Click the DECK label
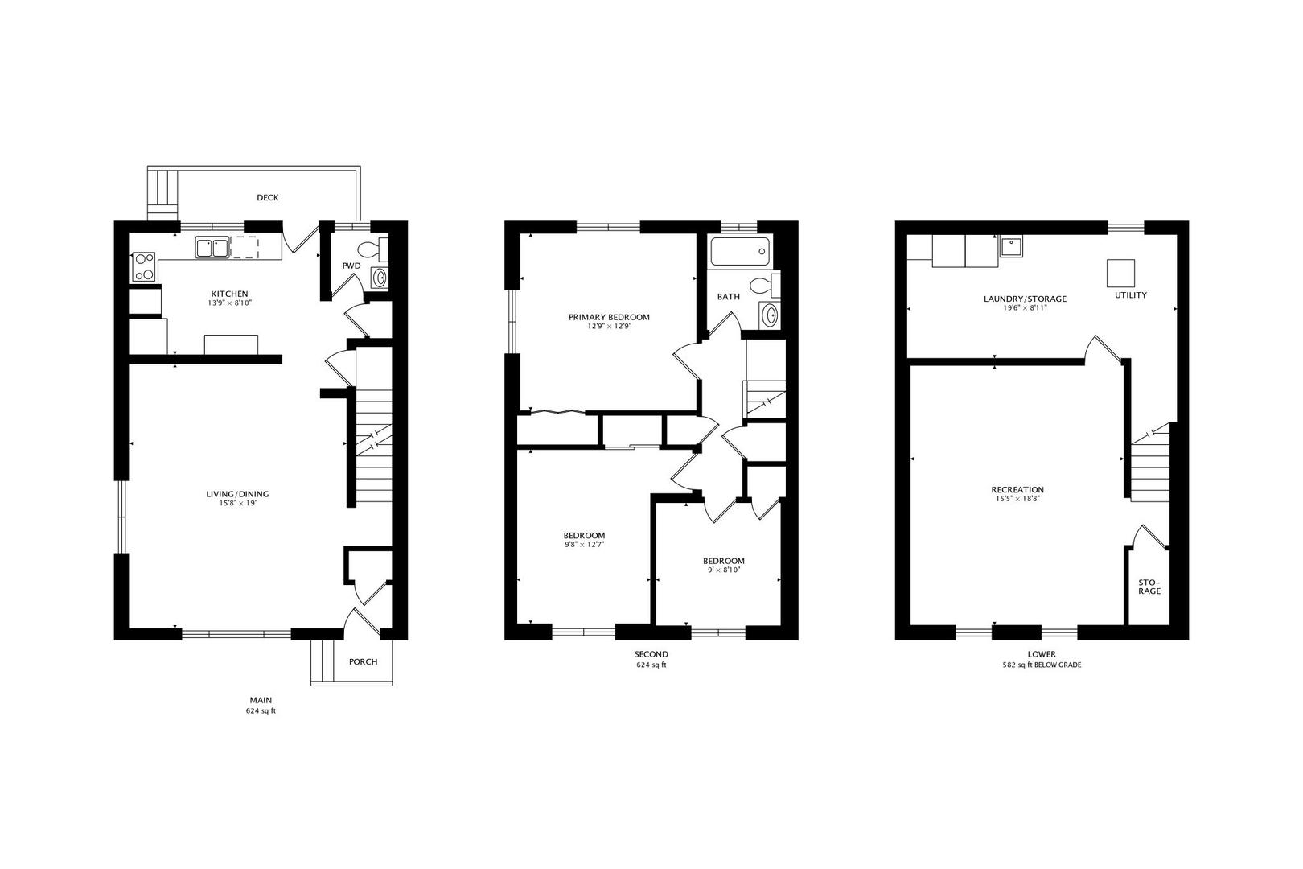click(268, 198)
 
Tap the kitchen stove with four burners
click(143, 266)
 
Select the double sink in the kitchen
click(212, 247)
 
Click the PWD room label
click(351, 266)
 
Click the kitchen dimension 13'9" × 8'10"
click(229, 304)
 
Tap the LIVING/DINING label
click(237, 494)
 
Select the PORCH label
click(363, 662)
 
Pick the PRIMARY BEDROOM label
click(609, 317)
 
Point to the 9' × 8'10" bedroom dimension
click(723, 570)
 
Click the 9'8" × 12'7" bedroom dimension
click(584, 545)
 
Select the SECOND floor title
click(651, 654)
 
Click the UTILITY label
click(1130, 295)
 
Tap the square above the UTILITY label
click(1120, 273)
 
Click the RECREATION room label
click(1017, 489)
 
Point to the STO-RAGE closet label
click(1149, 587)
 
